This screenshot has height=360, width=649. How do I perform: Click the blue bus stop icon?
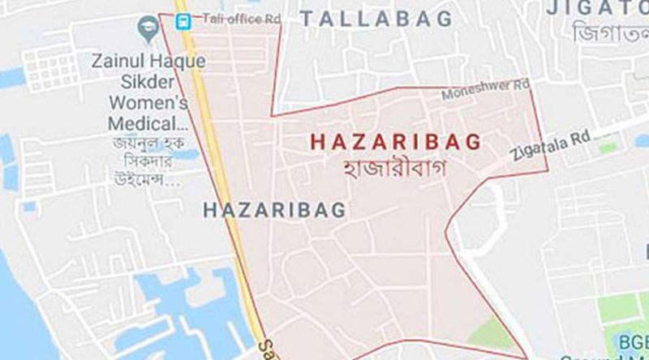pos(184,19)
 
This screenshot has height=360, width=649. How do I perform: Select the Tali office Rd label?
pos(231,18)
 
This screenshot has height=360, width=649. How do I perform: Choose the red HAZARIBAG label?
pos(396,140)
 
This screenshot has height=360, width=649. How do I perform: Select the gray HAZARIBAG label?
pos(273,211)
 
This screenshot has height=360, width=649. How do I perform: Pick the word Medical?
pos(142,124)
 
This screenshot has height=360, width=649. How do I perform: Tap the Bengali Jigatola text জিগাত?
pos(609,34)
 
